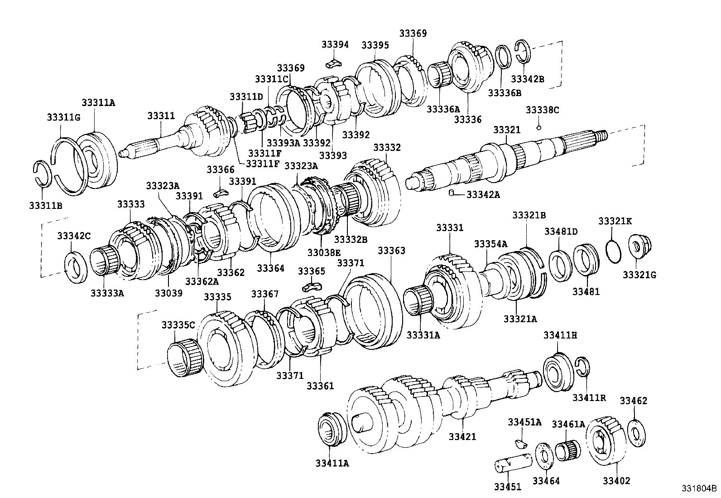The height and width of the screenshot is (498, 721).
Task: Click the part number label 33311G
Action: (63, 117)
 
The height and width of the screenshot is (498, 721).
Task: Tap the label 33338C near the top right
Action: (542, 110)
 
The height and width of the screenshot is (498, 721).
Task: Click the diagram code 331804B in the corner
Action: (699, 489)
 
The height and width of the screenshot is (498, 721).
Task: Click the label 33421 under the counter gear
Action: (462, 436)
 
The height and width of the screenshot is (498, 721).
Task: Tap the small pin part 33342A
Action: (451, 193)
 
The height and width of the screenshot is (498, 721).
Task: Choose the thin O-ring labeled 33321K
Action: (613, 252)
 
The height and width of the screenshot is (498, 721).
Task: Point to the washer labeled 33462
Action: (637, 433)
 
